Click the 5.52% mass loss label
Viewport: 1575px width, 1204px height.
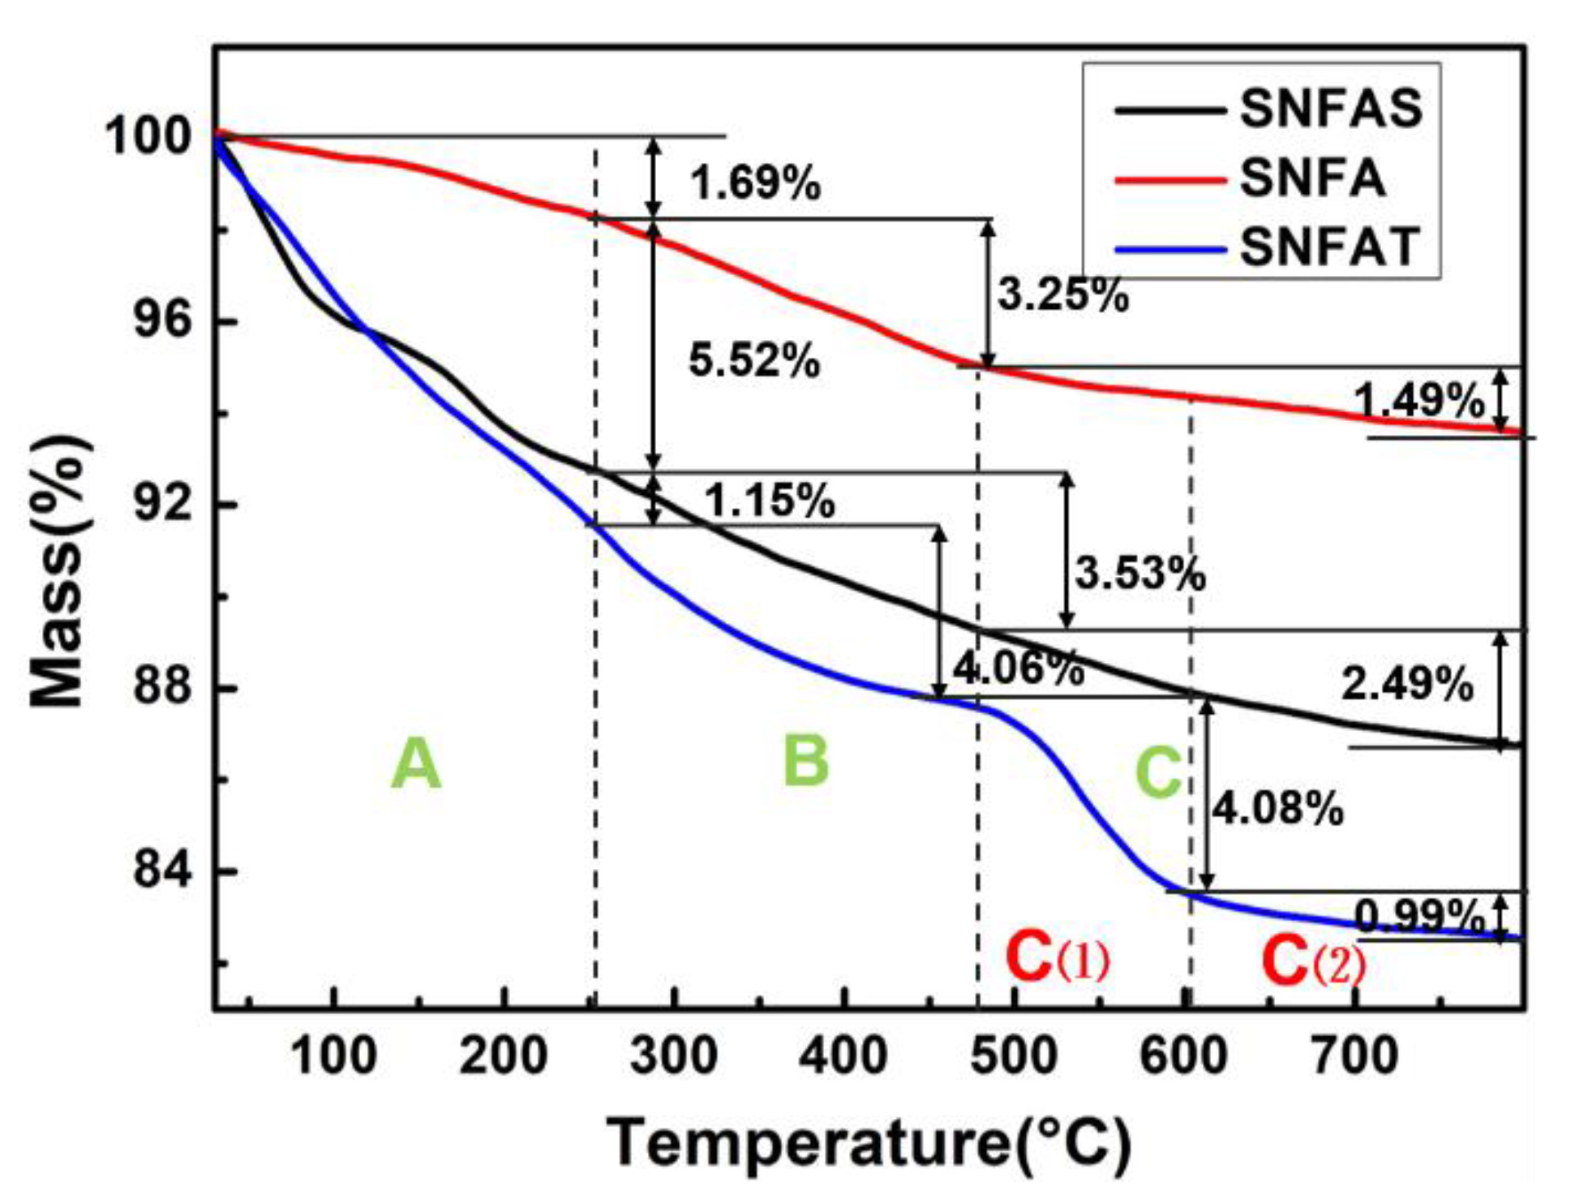pyautogui.click(x=753, y=360)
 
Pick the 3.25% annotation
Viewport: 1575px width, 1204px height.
pyautogui.click(x=1062, y=295)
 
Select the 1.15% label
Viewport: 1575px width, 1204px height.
pyautogui.click(x=769, y=500)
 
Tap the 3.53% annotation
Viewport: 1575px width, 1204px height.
pyautogui.click(x=1140, y=574)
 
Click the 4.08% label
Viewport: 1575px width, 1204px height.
pyautogui.click(x=1277, y=808)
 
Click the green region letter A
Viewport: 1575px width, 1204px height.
pyautogui.click(x=416, y=764)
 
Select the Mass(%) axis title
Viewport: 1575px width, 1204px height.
pyautogui.click(x=58, y=571)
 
